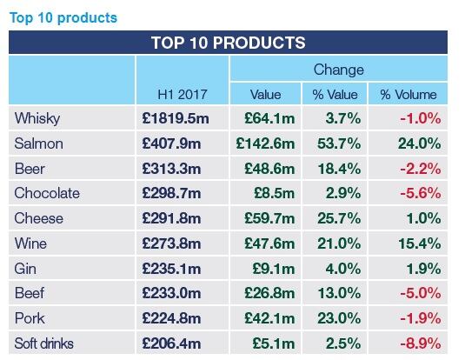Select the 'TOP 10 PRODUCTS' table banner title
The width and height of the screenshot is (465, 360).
point(228,43)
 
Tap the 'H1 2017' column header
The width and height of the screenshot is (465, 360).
point(183,94)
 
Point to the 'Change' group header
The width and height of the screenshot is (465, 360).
point(338,70)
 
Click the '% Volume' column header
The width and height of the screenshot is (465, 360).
point(408,94)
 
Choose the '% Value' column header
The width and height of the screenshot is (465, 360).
point(334,94)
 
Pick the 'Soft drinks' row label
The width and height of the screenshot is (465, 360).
point(47,343)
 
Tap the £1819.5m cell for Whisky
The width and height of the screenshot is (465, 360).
point(182,118)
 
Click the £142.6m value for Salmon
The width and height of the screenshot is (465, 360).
point(265,143)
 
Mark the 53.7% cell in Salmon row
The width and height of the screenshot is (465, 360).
point(334,143)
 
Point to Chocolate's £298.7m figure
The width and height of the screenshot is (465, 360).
point(182,193)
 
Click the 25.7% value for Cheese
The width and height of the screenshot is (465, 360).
point(334,218)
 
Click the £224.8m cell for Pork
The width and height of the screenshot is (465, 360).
point(182,318)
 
